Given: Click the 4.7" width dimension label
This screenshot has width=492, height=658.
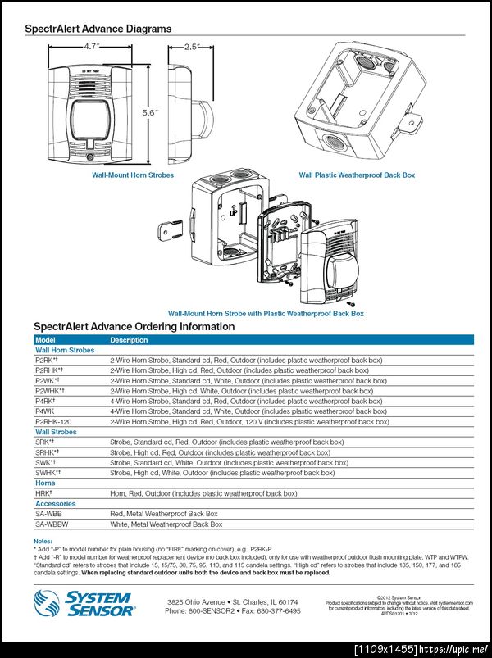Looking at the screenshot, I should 91,47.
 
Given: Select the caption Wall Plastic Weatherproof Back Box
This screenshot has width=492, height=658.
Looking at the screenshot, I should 357,175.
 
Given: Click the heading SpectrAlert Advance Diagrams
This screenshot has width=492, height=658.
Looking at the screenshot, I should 98,29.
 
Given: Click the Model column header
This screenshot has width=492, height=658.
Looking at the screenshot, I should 44,339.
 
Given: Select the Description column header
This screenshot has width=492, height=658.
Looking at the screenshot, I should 129,339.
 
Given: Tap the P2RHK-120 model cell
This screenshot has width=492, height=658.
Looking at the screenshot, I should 52,422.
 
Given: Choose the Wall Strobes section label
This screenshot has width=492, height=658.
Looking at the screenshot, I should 56,432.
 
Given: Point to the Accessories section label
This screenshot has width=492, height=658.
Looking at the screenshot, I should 55,504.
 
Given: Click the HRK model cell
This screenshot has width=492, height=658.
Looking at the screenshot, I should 43,493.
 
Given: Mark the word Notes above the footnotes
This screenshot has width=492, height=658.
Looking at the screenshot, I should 43,542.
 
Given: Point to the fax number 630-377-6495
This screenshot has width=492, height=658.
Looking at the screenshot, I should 274,611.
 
